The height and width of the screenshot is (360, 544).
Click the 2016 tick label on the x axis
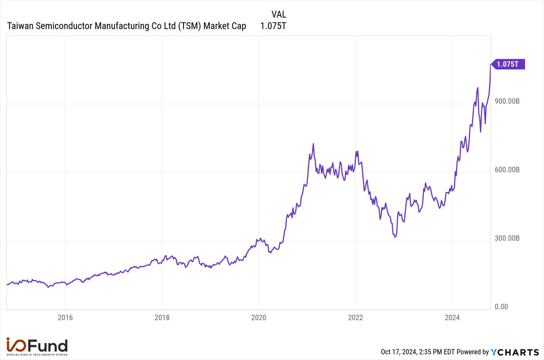tap(65, 317)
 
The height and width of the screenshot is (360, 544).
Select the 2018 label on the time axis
tap(162, 317)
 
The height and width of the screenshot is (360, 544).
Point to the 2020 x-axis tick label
tap(258, 317)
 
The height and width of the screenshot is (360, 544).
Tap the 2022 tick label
tap(355, 317)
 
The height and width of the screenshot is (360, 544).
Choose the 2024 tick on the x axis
tap(452, 317)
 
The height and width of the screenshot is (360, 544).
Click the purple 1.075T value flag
tap(508, 64)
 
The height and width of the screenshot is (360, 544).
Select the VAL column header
tap(278, 15)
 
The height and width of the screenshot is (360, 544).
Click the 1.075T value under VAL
tap(273, 26)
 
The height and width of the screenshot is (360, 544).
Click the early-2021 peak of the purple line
tap(313, 144)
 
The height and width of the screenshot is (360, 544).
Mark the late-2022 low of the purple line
tap(395, 237)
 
